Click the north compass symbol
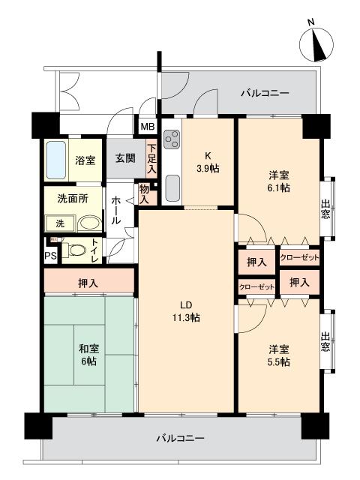pyautogui.click(x=316, y=42)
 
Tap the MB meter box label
pyautogui.click(x=148, y=127)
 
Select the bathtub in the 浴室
pyautogui.click(x=56, y=160)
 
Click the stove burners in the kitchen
pyautogui.click(x=172, y=139)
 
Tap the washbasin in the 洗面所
pyautogui.click(x=89, y=223)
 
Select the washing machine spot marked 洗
pyautogui.click(x=60, y=223)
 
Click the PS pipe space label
pyautogui.click(x=51, y=256)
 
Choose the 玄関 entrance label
pyautogui.click(x=125, y=158)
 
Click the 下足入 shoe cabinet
pyautogui.click(x=151, y=159)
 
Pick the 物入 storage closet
pyautogui.click(x=145, y=194)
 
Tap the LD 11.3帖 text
pyautogui.click(x=186, y=311)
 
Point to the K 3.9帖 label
pyautogui.click(x=208, y=162)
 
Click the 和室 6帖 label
pyautogui.click(x=88, y=355)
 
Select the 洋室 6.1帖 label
pyautogui.click(x=279, y=181)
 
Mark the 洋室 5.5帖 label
pyautogui.click(x=279, y=355)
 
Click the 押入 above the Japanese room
pyautogui.click(x=88, y=283)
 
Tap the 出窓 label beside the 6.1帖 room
pyautogui.click(x=325, y=209)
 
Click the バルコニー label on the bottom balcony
pyautogui.click(x=180, y=439)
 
